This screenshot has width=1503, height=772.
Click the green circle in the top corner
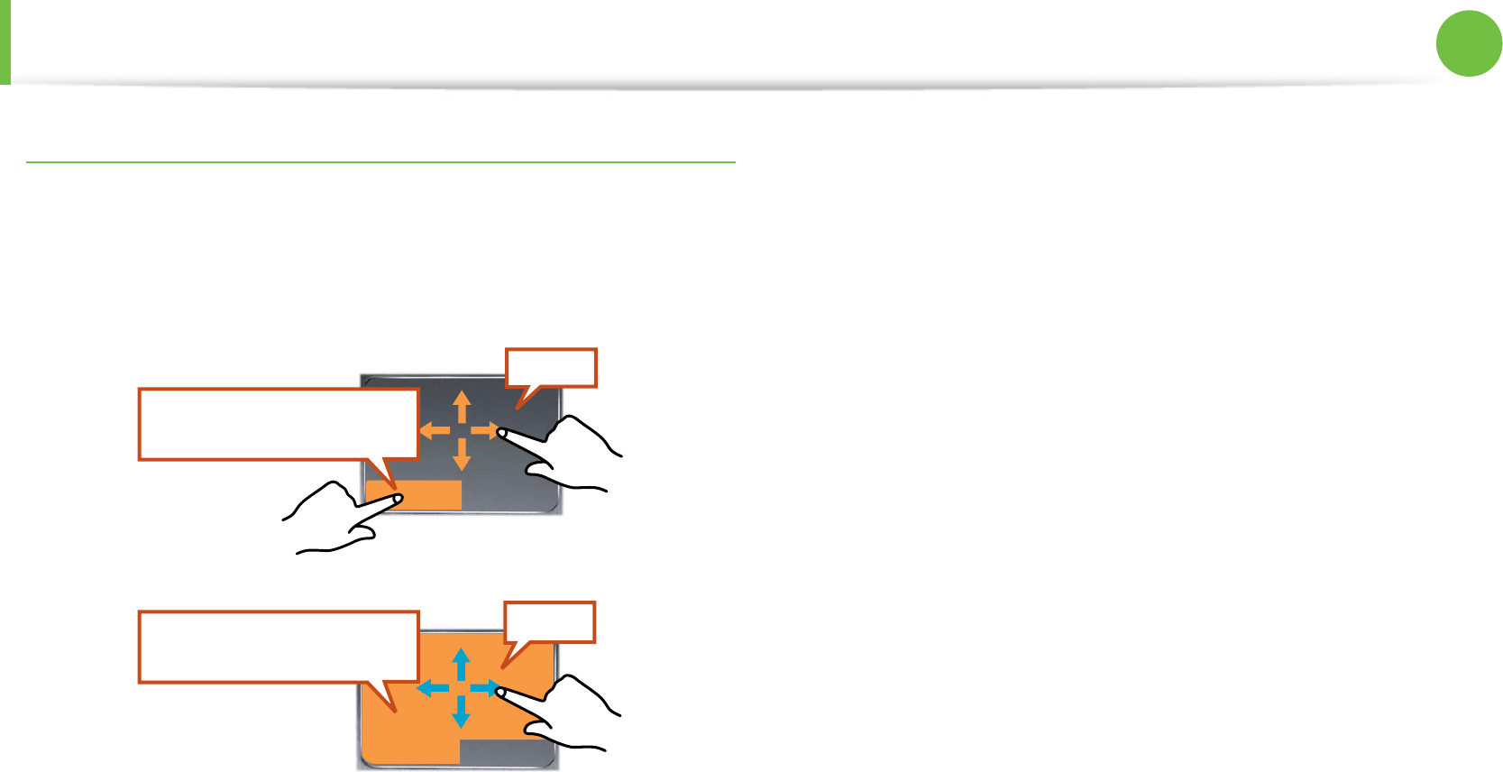[1469, 43]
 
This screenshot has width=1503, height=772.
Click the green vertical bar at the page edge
[5, 41]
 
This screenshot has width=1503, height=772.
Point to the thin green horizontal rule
[380, 162]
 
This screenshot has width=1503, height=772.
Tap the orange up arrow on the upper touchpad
[462, 405]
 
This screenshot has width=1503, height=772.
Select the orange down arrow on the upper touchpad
[462, 456]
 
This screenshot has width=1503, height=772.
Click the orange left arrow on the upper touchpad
[435, 430]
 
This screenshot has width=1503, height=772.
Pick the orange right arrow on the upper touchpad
[485, 430]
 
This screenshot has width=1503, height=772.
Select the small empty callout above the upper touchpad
[551, 368]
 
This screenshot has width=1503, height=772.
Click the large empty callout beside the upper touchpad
[278, 424]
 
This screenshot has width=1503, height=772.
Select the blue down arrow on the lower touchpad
[461, 713]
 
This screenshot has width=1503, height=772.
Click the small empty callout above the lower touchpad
[549, 622]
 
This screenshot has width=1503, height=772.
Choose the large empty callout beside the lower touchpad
[278, 647]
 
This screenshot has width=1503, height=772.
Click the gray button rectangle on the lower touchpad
[508, 753]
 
